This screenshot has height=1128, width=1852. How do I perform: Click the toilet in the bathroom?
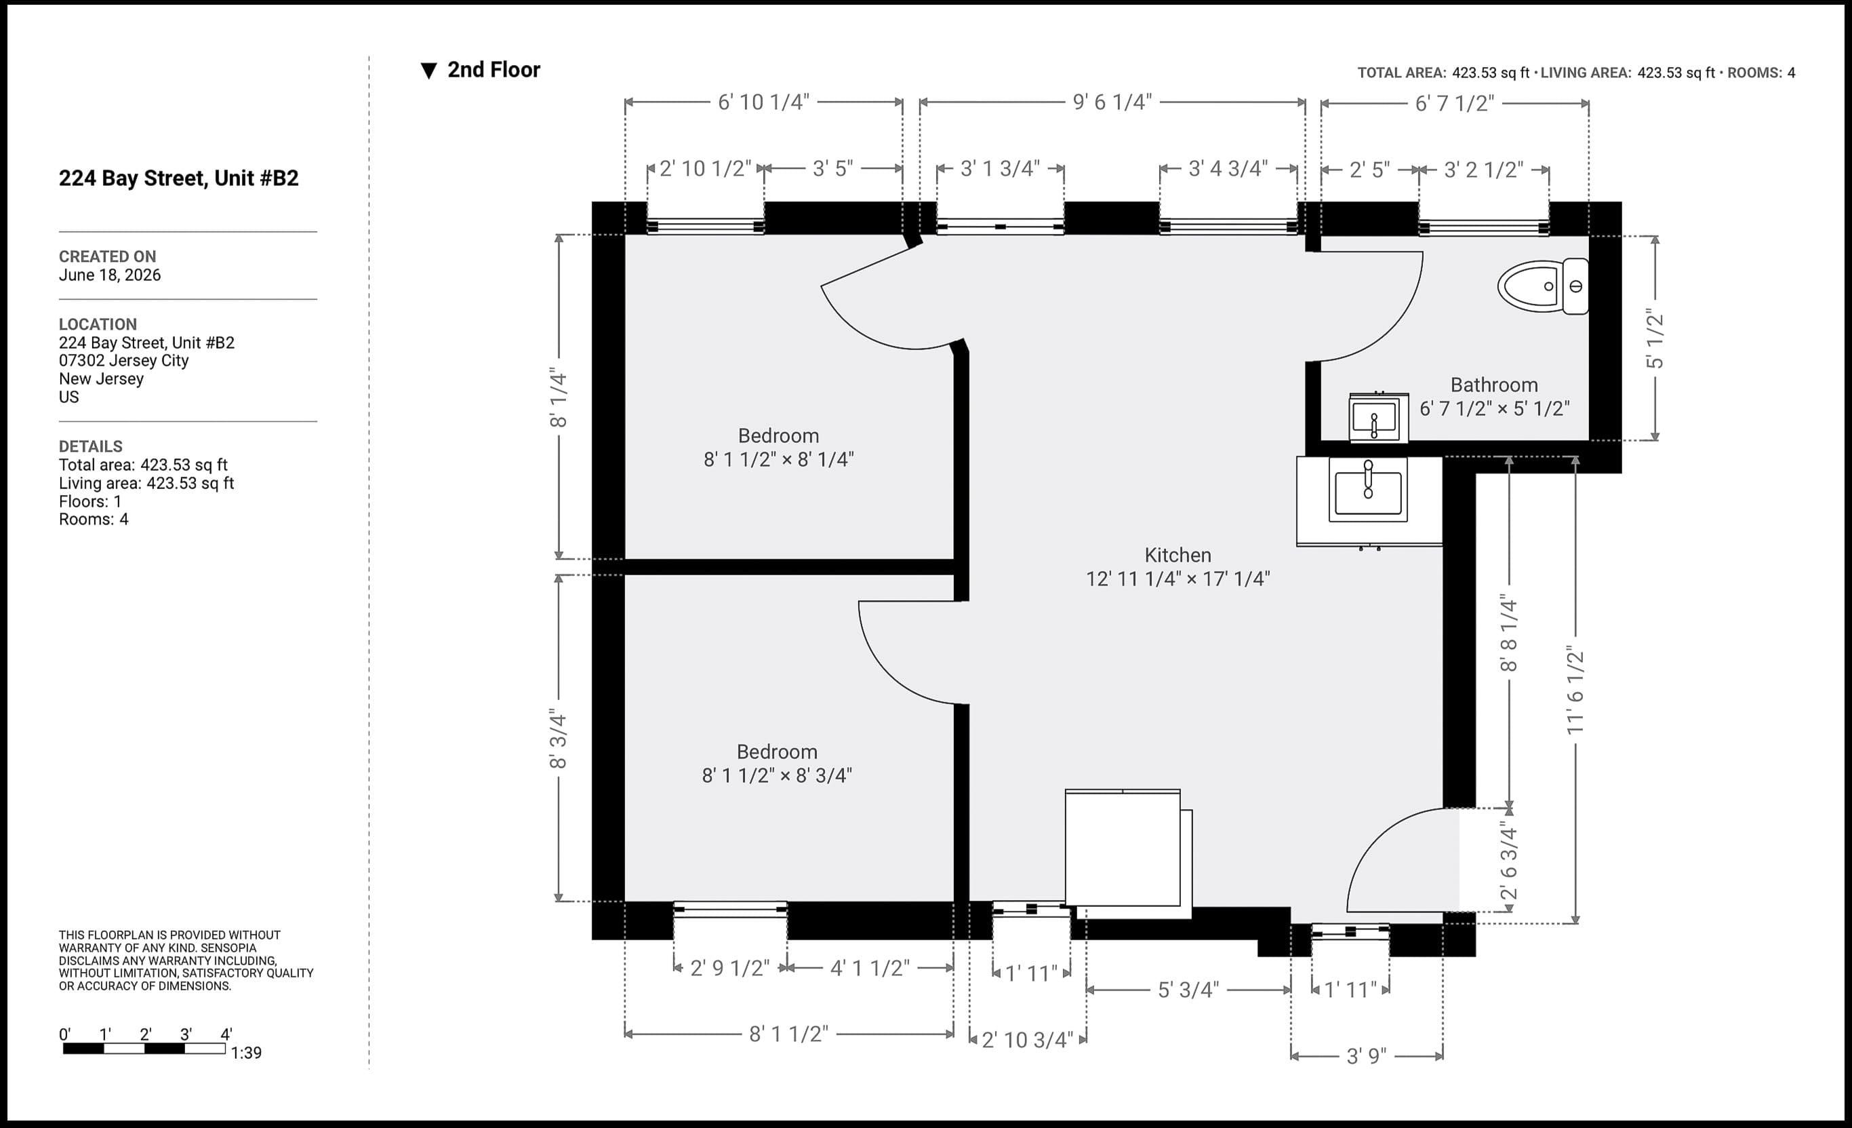click(x=1542, y=286)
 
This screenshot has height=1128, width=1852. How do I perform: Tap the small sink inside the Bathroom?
click(x=1378, y=417)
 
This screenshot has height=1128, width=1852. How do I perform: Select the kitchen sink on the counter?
click(x=1368, y=490)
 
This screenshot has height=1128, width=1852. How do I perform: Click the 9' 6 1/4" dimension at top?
click(x=1112, y=102)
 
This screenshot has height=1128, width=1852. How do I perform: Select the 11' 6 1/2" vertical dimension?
click(x=1575, y=691)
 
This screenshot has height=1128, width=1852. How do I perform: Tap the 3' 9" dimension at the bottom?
click(x=1367, y=1057)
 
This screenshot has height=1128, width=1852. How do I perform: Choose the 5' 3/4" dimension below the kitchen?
click(x=1188, y=990)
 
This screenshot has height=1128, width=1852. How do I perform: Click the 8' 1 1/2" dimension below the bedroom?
click(x=788, y=1034)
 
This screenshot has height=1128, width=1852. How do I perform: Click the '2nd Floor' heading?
click(x=494, y=70)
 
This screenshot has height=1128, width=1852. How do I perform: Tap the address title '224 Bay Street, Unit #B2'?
click(x=179, y=178)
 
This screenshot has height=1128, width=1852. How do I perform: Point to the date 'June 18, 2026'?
click(x=110, y=275)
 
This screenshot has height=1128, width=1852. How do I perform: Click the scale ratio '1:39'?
click(x=247, y=1053)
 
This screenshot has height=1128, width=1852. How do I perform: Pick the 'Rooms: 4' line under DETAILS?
click(x=94, y=520)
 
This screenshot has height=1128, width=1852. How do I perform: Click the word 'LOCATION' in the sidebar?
click(x=98, y=325)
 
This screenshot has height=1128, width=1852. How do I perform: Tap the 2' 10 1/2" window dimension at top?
click(x=705, y=169)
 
